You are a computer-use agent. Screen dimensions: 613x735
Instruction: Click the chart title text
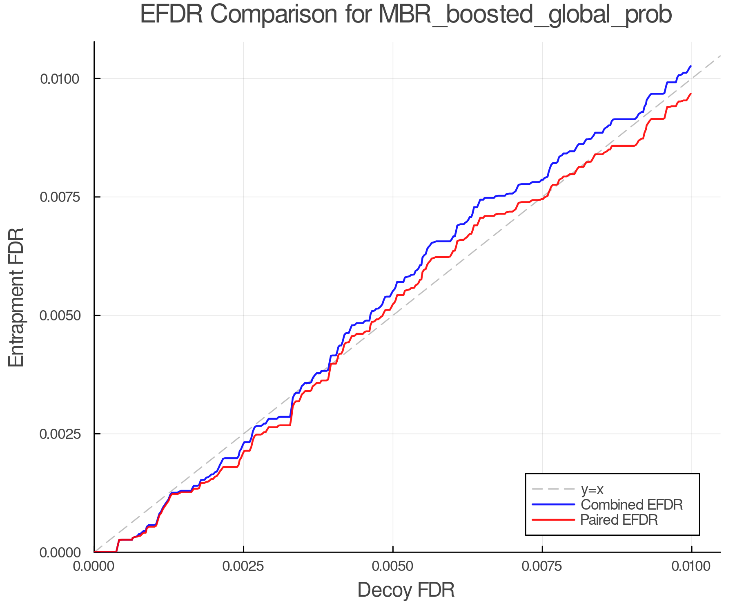406,15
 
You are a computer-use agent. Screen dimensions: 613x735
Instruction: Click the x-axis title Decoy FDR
406,590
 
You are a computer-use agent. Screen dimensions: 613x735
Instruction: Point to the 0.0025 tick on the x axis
244,566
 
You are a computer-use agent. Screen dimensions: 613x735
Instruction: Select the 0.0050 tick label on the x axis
393,566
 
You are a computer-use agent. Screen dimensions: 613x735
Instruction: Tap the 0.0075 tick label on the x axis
542,566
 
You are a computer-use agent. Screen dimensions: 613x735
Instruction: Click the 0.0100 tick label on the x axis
691,566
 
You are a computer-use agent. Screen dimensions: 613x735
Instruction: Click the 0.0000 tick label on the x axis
94,566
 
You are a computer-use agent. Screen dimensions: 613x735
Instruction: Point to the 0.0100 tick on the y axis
60,78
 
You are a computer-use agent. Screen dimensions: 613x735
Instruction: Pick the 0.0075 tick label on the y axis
60,197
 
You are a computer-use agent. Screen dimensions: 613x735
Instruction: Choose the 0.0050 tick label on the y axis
60,315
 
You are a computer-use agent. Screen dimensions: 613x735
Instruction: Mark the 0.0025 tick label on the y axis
60,434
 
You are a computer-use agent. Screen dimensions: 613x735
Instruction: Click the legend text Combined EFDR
631,505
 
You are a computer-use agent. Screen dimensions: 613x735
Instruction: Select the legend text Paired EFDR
619,520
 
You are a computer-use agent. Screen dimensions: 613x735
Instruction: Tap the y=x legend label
592,489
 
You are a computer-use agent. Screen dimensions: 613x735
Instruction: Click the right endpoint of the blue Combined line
691,66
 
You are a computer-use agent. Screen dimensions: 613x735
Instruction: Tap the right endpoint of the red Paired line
691,94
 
